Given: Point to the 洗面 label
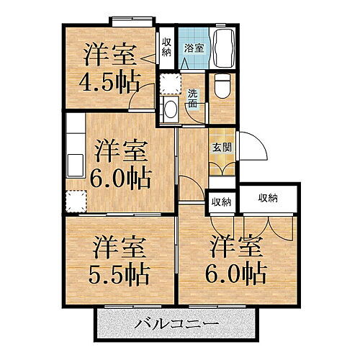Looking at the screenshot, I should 192,98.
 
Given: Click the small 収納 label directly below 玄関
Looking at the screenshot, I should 221,202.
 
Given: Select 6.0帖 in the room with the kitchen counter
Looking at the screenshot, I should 120,177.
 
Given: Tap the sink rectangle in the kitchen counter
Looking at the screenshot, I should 76,160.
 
